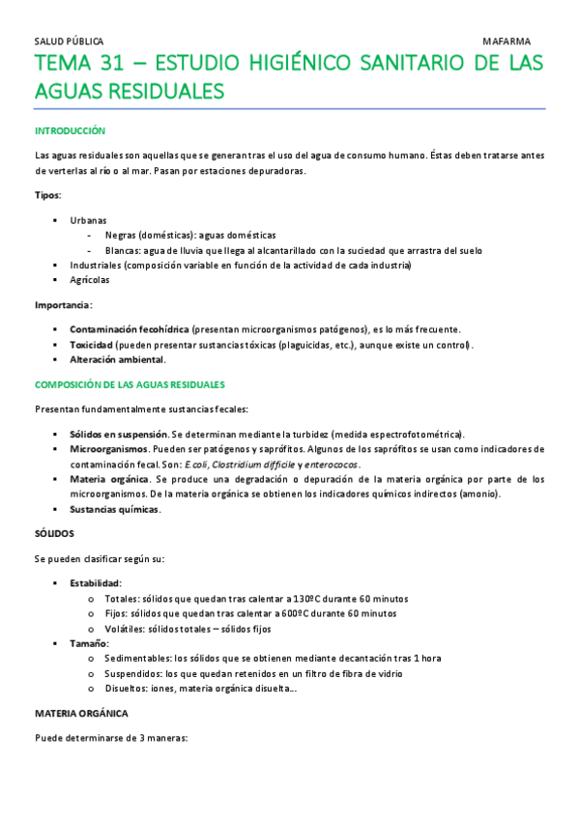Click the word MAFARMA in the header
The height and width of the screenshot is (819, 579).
507,42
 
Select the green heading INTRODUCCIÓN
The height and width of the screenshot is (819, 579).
70,130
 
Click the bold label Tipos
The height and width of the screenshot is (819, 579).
46,195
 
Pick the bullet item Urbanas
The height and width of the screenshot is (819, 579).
89,220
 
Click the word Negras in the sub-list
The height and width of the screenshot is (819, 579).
122,235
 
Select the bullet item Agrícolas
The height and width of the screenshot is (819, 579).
90,280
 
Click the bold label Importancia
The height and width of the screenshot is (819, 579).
63,305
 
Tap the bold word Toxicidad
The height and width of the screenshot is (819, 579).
92,345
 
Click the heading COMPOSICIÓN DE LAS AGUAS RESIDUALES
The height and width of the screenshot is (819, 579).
130,384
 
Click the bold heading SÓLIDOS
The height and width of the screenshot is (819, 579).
54,534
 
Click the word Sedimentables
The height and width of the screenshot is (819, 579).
132,658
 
